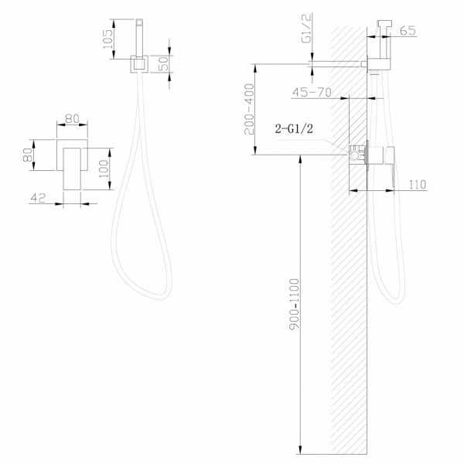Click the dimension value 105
pos(109,36)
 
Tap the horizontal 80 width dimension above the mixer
pos(71,119)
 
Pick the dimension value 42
pos(36,199)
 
